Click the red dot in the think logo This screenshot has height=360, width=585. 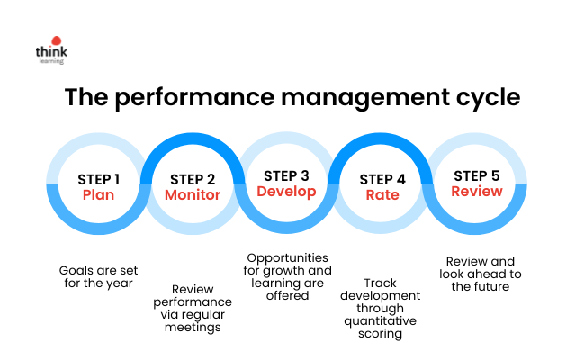click(x=57, y=40)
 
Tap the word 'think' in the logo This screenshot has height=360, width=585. click(x=51, y=51)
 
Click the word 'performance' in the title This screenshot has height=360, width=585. click(x=194, y=98)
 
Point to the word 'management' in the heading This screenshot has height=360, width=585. click(x=365, y=98)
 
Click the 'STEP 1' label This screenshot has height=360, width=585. click(x=98, y=180)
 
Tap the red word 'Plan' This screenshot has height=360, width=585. click(x=98, y=194)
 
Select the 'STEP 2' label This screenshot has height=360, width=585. click(x=193, y=180)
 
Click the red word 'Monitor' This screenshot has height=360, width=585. click(x=193, y=194)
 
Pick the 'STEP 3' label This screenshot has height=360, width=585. click(x=286, y=176)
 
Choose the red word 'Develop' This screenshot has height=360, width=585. click(x=286, y=192)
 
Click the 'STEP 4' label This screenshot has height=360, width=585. click(x=382, y=180)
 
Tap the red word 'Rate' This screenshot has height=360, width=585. click(x=382, y=194)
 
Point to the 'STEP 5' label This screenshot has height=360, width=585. click(x=477, y=176)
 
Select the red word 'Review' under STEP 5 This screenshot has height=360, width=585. click(x=477, y=191)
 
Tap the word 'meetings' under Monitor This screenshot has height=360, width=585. click(x=193, y=328)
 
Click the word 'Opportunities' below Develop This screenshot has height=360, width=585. click(x=288, y=258)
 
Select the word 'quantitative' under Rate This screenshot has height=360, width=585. click(x=380, y=321)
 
